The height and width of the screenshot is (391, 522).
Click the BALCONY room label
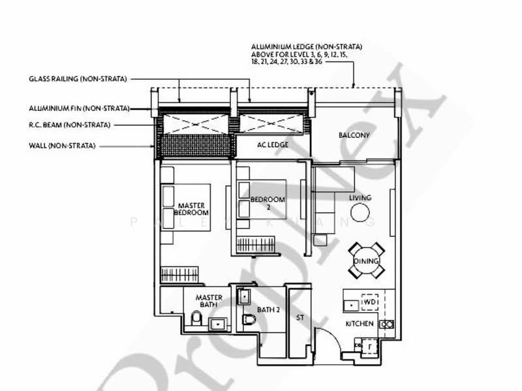tap(354, 136)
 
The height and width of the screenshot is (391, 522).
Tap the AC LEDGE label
tap(273, 145)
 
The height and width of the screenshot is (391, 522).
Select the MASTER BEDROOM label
tap(192, 209)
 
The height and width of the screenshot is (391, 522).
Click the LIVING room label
tap(360, 197)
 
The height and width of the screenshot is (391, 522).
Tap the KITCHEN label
tap(360, 324)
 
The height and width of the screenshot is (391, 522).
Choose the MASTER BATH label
tap(209, 302)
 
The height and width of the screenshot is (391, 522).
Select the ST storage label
tap(300, 318)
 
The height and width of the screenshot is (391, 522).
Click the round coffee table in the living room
tap(360, 213)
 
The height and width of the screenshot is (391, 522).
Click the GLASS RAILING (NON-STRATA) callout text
tap(79, 78)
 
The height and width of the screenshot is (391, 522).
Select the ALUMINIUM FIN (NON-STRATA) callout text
tap(79, 108)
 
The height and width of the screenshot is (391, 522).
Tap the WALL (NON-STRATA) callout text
tap(63, 146)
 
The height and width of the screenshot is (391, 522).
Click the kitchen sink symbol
tap(350, 304)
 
